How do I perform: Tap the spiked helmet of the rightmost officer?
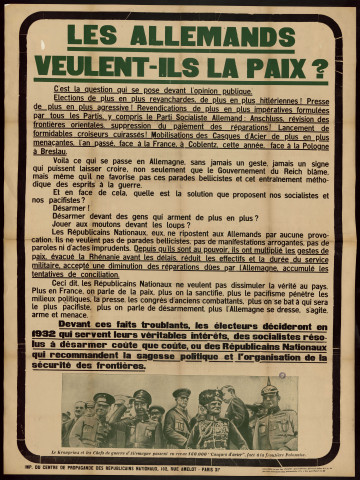(x=269, y=392)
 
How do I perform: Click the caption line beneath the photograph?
(x=180, y=452)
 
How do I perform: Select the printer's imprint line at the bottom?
(x=180, y=465)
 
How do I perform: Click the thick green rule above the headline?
(x=180, y=16)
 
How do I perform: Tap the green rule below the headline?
(x=180, y=81)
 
